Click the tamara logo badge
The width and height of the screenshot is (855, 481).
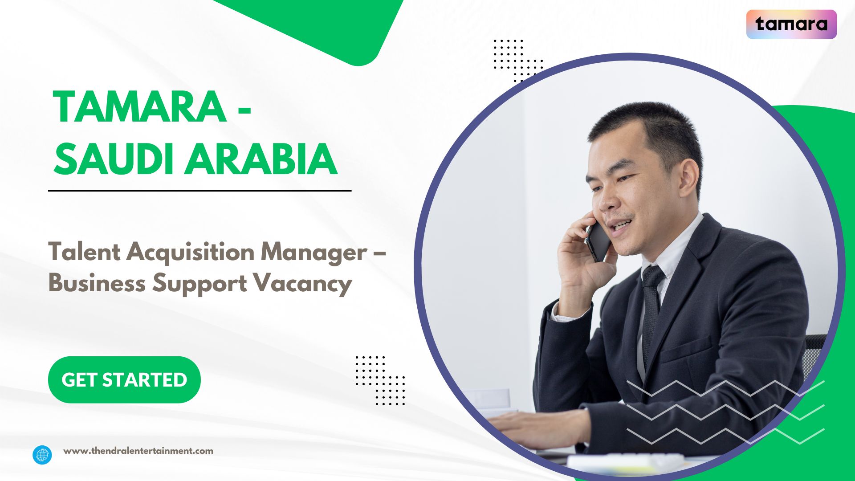tap(791, 24)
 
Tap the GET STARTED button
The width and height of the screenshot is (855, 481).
tap(124, 380)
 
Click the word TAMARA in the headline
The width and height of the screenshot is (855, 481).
tap(139, 107)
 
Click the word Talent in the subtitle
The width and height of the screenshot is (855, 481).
tap(84, 252)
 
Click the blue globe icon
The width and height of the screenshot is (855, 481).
tap(42, 455)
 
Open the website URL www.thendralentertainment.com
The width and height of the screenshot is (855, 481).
tap(138, 451)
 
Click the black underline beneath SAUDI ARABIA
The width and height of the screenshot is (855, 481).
tap(199, 191)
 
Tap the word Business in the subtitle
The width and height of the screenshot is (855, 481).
tap(97, 283)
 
